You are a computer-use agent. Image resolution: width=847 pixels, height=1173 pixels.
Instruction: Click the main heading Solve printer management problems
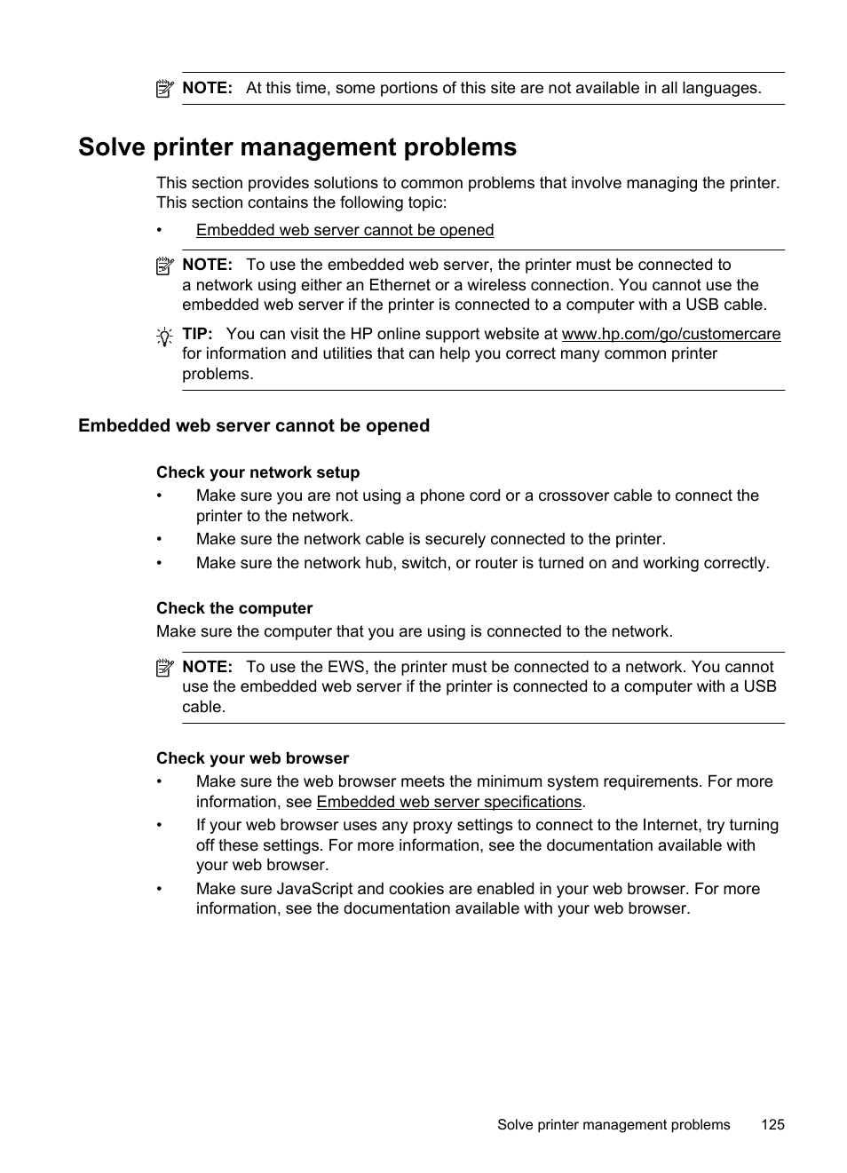pos(297,147)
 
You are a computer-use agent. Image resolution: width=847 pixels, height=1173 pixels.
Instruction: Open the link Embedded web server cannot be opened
pos(344,230)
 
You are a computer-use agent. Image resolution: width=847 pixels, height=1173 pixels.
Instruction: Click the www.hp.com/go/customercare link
pos(670,334)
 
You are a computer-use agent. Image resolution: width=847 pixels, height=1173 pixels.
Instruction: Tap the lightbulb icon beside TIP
pos(164,337)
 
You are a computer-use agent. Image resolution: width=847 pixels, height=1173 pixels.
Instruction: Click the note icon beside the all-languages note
pos(164,89)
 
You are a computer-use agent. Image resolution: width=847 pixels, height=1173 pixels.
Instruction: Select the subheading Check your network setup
pos(257,472)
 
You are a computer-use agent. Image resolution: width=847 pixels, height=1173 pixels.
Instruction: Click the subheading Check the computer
pos(234,608)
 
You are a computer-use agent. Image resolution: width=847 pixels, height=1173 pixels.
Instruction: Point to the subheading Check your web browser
pos(252,758)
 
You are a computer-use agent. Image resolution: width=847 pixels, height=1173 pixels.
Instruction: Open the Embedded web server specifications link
pos(448,802)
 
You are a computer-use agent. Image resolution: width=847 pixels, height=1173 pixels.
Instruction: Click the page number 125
pos(772,1124)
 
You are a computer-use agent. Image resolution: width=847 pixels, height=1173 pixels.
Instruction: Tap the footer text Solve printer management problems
pos(613,1124)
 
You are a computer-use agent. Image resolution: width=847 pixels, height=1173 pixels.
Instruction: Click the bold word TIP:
pos(197,334)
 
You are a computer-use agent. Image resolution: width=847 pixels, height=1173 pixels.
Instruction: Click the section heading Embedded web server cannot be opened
pos(253,425)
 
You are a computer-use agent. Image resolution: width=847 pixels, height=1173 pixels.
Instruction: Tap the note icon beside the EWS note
pos(164,668)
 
